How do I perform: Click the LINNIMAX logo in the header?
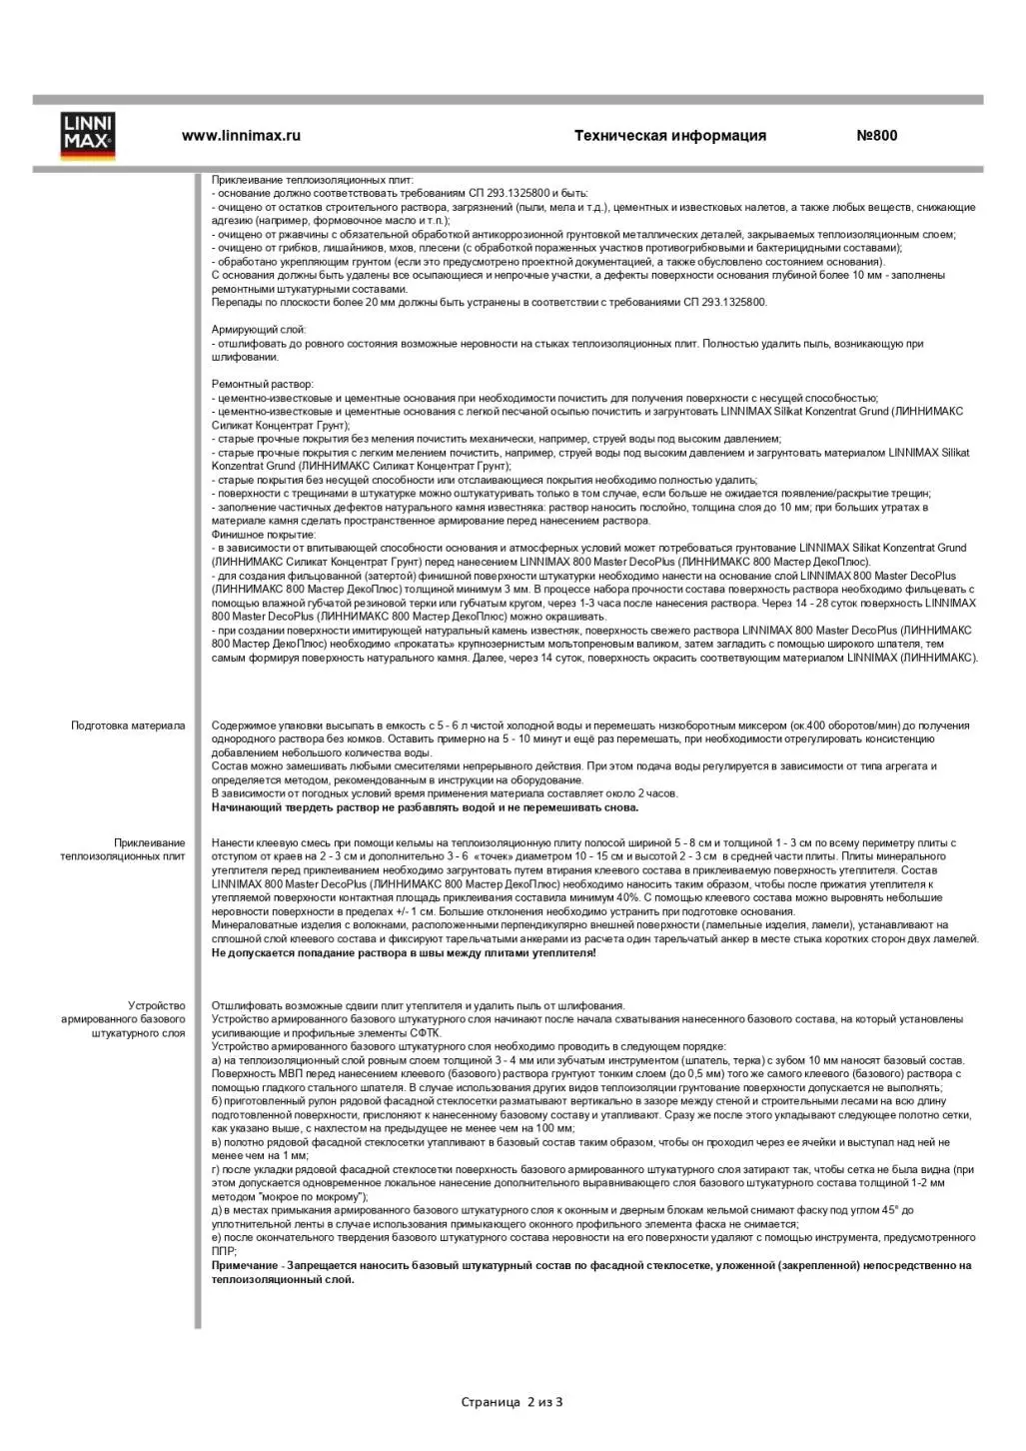[x=88, y=137]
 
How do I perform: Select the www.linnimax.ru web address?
[x=241, y=136]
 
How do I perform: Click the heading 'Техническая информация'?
[x=669, y=136]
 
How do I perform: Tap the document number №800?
[x=876, y=136]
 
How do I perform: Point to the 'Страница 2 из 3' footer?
[x=512, y=1402]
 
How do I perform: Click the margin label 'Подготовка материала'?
[x=128, y=725]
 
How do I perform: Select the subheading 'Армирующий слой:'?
[x=259, y=330]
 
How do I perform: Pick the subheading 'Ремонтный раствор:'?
[x=262, y=384]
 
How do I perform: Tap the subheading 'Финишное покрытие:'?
[x=263, y=535]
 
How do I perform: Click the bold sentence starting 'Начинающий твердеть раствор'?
[x=425, y=807]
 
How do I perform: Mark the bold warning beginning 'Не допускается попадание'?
[x=404, y=953]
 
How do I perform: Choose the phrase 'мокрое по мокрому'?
[x=309, y=1197]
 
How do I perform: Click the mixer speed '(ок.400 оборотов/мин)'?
[x=847, y=725]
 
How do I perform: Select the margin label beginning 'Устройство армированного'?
[x=123, y=1019]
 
